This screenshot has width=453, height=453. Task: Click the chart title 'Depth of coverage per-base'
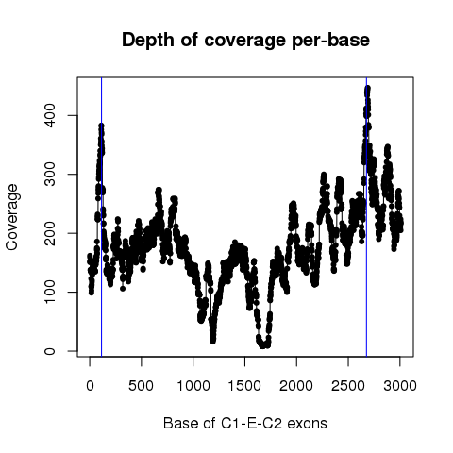click(245, 41)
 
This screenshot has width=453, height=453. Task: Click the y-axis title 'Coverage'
click(12, 217)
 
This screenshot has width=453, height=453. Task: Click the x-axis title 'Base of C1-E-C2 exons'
click(245, 424)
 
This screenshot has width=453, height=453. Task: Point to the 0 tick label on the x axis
click(90, 386)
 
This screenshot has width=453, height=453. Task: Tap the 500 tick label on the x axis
click(142, 386)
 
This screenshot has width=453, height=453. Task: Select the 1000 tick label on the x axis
click(193, 386)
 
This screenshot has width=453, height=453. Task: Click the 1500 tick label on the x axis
click(244, 386)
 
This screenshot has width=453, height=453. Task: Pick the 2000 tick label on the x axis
click(296, 386)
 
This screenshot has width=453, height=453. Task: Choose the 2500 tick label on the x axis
click(348, 386)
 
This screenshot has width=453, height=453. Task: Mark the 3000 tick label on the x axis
click(400, 386)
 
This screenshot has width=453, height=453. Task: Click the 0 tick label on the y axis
click(50, 351)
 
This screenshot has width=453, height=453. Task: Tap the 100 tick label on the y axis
click(50, 292)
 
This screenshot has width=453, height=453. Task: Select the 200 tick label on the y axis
click(50, 233)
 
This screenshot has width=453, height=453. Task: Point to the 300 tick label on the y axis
click(50, 175)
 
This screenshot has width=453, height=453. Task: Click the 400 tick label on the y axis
click(50, 115)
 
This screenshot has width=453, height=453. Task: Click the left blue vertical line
click(101, 217)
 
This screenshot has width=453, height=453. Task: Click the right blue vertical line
click(367, 217)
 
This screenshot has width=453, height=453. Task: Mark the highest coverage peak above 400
click(367, 88)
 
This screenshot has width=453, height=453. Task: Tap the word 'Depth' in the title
click(148, 41)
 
